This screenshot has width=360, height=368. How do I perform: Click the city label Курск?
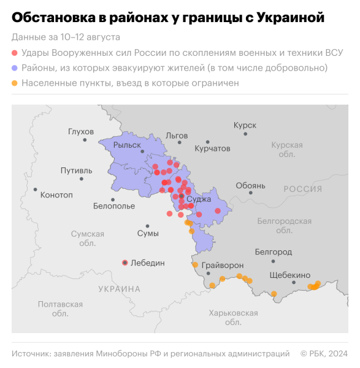245,125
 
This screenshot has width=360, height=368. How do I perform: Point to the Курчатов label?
212,148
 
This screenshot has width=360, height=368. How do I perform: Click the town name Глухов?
81,132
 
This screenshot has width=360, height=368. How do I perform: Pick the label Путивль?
77,171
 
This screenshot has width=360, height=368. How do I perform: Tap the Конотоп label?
56,195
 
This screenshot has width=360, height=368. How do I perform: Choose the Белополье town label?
114,206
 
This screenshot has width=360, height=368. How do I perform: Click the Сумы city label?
148,234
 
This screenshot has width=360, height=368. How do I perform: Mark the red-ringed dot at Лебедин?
125,263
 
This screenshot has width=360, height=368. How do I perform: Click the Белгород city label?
273,252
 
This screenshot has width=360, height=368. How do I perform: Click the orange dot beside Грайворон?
195,265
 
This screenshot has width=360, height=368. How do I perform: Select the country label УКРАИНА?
119,289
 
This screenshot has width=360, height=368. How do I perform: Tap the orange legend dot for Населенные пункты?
15,82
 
